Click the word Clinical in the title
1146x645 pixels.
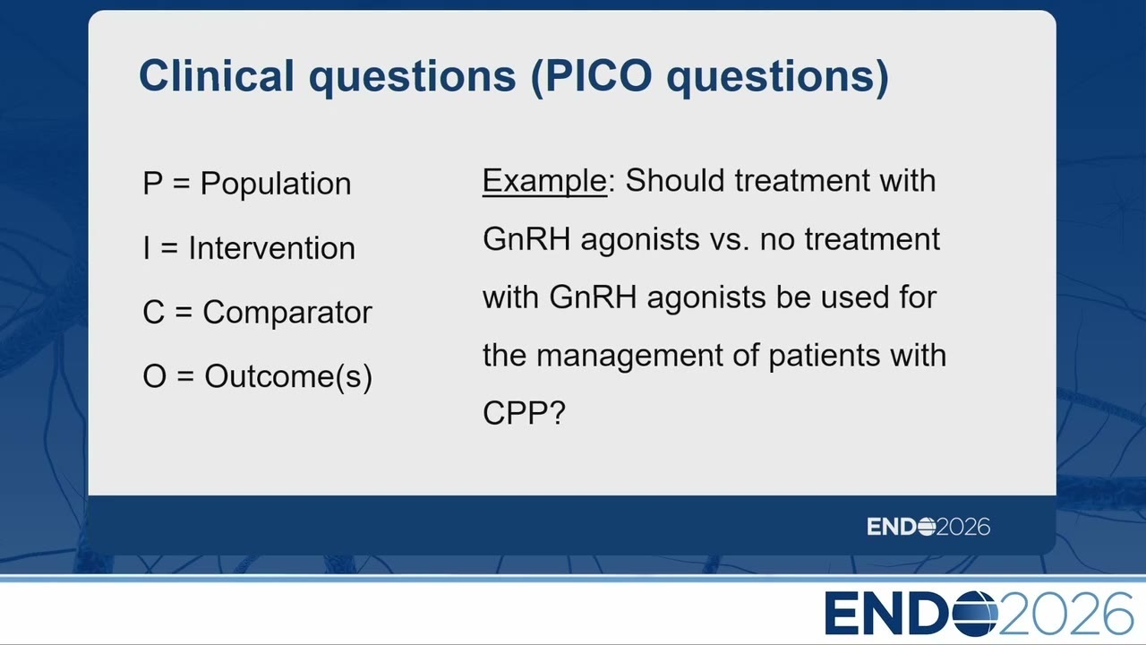(x=217, y=75)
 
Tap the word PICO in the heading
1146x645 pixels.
(x=599, y=75)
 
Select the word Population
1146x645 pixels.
(x=276, y=184)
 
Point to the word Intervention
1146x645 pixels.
(x=271, y=248)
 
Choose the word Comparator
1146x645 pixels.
(x=287, y=313)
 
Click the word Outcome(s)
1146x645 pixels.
(x=288, y=377)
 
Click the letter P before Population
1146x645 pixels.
(x=153, y=184)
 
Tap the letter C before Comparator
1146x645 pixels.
(x=153, y=313)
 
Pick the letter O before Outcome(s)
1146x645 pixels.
(x=155, y=376)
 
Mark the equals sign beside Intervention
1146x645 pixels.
(x=169, y=249)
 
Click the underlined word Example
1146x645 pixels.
(x=545, y=181)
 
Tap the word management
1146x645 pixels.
(x=629, y=356)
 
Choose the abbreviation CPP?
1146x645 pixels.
(x=524, y=413)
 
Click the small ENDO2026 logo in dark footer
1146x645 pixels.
(x=928, y=527)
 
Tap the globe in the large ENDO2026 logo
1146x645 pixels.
(x=976, y=614)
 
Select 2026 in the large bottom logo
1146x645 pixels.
(x=1066, y=614)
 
